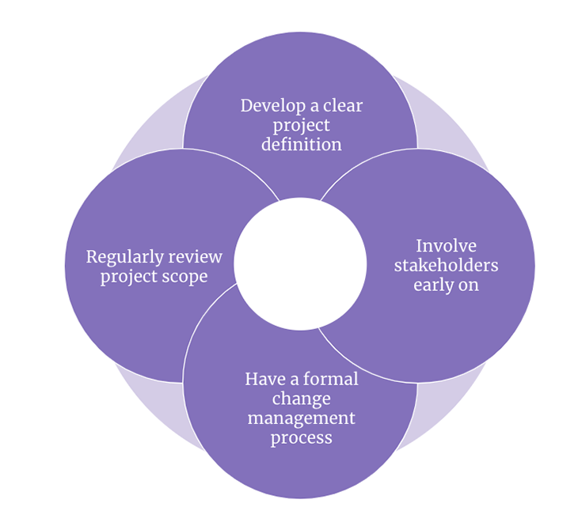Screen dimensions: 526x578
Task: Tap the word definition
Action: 302,145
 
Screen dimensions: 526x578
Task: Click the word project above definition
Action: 302,126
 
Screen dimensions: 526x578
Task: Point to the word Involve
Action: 446,245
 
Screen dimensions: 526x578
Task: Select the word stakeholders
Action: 446,265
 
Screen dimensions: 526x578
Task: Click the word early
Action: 435,285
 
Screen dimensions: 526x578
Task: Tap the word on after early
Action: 470,285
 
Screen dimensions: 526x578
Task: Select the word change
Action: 301,399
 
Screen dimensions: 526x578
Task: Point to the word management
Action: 301,418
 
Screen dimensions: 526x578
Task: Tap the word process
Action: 301,438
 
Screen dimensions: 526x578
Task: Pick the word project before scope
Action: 129,278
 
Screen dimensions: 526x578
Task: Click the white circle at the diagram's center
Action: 300,264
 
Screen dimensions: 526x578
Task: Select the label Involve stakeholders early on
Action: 446,265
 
